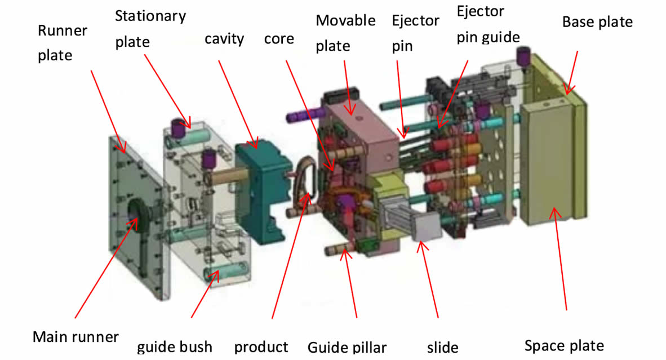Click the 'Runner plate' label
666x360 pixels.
tap(63, 43)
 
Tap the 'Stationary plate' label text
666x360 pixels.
tap(150, 29)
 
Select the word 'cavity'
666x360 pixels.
tap(224, 39)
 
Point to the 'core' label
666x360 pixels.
tap(279, 39)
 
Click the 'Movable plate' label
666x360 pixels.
tap(345, 33)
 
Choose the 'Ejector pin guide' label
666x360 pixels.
tap(488, 24)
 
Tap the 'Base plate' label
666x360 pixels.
tap(597, 22)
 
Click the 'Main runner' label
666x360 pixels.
tap(76, 337)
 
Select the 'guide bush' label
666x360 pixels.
tap(175, 347)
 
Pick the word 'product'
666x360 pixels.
tap(261, 347)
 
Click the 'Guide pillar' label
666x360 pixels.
tap(347, 347)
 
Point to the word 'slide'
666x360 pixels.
tap(442, 348)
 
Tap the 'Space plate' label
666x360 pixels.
tap(564, 345)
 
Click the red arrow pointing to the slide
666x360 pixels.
tap(428, 279)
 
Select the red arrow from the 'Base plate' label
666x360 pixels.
tap(571, 73)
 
